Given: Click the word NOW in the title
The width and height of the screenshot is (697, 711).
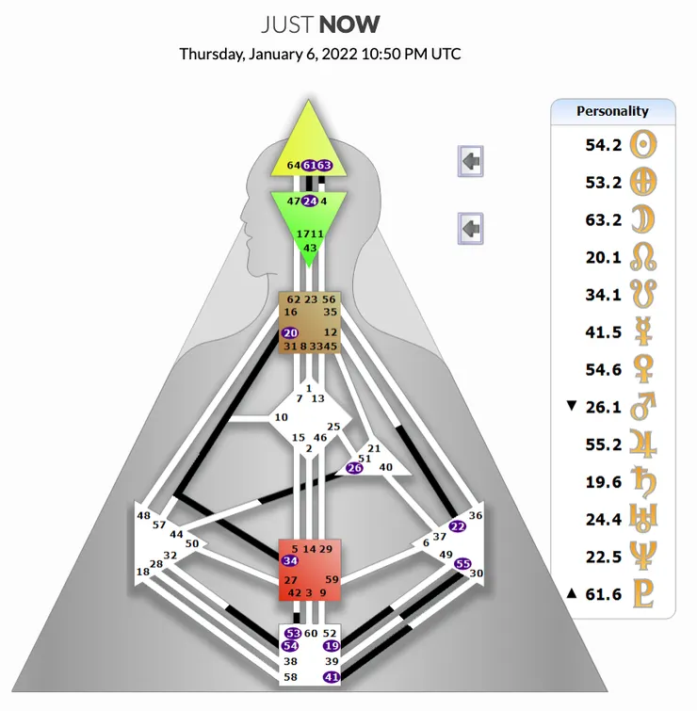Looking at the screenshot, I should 349,24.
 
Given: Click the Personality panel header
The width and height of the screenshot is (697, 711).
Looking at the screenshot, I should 612,111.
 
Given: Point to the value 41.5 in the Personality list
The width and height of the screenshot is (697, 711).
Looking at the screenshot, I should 604,331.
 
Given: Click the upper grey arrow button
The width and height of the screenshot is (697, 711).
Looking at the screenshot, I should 471,161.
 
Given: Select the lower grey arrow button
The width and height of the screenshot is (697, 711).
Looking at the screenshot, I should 471,227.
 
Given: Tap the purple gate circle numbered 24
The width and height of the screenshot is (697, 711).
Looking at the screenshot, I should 309,201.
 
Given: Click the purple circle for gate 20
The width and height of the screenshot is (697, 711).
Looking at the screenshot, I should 290,332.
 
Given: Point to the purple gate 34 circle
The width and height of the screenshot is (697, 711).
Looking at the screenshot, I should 290,561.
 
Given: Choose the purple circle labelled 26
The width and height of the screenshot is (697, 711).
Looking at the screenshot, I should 354,468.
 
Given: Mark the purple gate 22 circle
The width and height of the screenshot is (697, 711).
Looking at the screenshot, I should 457,526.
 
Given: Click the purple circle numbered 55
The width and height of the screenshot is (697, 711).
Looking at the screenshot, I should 462,563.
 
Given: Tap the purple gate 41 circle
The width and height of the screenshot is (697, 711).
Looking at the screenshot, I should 331,677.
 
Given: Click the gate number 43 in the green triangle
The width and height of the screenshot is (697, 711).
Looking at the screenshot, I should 309,247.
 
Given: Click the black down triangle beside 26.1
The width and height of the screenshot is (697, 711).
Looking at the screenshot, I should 570,406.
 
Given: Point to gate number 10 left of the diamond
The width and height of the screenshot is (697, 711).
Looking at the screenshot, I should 281,417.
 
